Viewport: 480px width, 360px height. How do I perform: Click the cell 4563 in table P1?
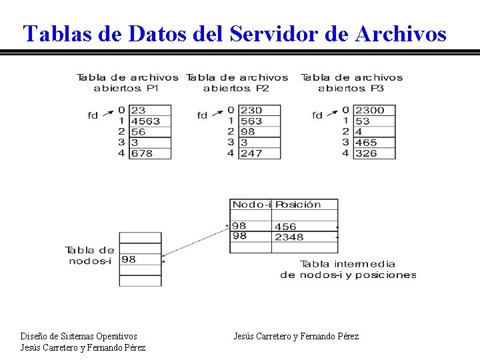146,121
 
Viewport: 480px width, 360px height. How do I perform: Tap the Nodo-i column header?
251,205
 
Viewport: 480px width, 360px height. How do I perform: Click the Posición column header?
298,205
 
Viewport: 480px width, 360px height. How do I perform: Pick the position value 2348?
289,237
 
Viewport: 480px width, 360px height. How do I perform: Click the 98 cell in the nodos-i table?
129,259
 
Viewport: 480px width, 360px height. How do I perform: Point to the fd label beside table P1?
93,115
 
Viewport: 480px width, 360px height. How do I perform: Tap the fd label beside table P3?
317,115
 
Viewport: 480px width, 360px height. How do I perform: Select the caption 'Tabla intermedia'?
347,264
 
